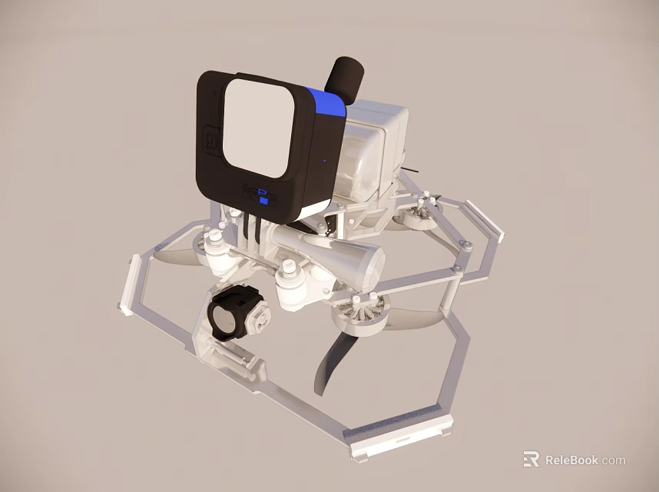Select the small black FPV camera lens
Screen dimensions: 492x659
click(x=227, y=317)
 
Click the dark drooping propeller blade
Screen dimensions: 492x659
click(x=331, y=360)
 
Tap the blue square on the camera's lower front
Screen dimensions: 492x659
click(x=264, y=200)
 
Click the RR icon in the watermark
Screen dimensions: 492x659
click(x=531, y=460)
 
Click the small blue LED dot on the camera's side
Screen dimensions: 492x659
click(x=324, y=161)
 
